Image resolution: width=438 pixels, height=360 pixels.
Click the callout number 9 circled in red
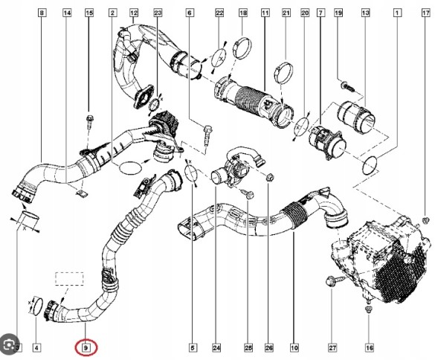(86, 348)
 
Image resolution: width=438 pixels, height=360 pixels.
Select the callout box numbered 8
(42, 13)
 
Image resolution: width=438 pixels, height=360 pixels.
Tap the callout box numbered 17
(425, 13)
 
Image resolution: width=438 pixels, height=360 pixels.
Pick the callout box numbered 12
(134, 13)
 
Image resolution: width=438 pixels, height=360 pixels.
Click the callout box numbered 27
(332, 348)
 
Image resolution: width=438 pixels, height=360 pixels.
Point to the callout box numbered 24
(216, 348)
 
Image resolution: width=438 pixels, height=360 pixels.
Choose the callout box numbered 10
(294, 348)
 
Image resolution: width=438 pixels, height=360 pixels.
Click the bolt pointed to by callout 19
(347, 86)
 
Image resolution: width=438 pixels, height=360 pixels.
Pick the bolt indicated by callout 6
(207, 135)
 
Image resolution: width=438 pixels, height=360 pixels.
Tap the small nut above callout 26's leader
(269, 177)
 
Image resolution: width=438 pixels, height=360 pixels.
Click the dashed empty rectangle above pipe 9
(69, 278)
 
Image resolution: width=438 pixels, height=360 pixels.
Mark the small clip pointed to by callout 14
(81, 193)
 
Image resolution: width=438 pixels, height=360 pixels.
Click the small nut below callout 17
(425, 220)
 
